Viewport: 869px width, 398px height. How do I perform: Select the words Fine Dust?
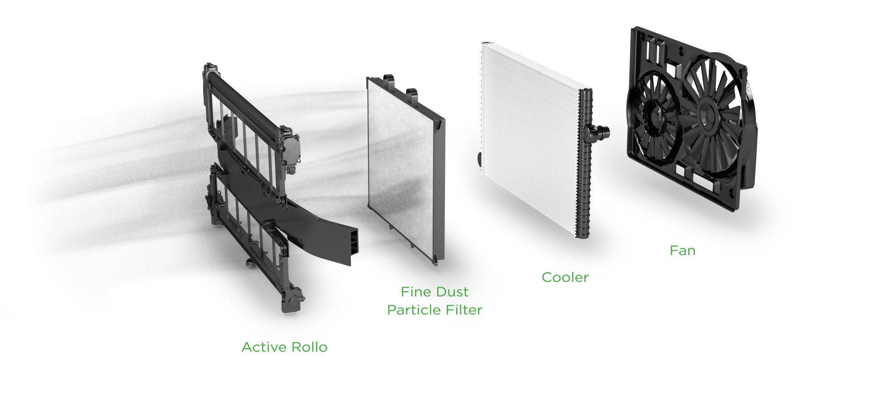click(434, 292)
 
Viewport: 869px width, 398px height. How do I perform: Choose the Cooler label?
click(565, 277)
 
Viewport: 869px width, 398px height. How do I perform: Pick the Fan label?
click(682, 251)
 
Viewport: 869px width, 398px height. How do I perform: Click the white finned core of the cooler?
click(530, 136)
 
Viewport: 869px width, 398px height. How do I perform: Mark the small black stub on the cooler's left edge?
click(478, 159)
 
